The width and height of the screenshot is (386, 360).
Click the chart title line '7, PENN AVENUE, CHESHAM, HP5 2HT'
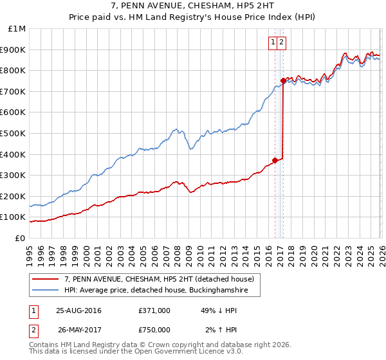(x=193, y=6)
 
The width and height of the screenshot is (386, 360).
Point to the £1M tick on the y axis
(x=17, y=29)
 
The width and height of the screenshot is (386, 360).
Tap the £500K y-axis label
(x=14, y=134)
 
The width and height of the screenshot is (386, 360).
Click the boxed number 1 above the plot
(x=273, y=42)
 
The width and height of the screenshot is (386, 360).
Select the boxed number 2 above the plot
(x=282, y=42)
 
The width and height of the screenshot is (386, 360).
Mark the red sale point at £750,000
(x=284, y=81)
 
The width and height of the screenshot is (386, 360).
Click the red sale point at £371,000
(x=275, y=160)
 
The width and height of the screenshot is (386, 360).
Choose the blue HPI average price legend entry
(x=161, y=291)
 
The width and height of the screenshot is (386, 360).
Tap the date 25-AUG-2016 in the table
(x=78, y=310)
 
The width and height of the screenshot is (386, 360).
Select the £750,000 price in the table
(x=154, y=330)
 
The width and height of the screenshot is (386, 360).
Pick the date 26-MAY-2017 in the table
(x=78, y=330)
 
